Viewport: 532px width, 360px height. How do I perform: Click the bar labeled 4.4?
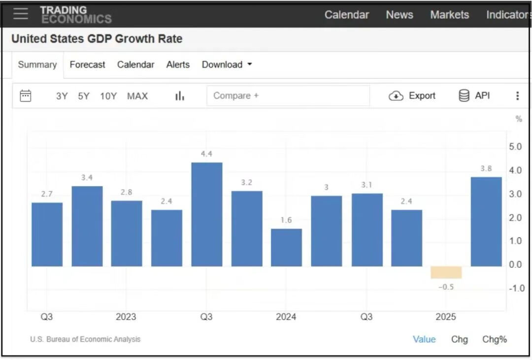[206, 214]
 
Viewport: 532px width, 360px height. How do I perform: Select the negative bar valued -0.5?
[446, 272]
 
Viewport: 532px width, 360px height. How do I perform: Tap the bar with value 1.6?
[286, 247]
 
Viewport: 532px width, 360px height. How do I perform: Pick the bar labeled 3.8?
[486, 222]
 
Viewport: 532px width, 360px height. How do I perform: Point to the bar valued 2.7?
[47, 234]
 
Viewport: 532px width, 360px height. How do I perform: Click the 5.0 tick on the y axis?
[515, 147]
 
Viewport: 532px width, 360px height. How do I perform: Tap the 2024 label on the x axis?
[286, 317]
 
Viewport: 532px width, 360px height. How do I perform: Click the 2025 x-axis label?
[446, 317]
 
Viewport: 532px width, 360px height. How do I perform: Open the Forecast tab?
[87, 65]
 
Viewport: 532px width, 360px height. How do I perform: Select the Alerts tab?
[178, 65]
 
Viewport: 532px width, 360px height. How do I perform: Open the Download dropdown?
[227, 65]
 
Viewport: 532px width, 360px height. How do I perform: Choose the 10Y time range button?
[108, 96]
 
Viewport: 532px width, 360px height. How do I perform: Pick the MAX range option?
[137, 96]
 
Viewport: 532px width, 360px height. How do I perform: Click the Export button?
[412, 96]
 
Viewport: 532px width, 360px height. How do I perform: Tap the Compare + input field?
[288, 96]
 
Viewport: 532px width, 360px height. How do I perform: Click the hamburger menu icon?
[21, 14]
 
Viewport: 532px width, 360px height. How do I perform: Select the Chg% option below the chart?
[494, 339]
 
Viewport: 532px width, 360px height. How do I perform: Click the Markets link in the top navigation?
[449, 15]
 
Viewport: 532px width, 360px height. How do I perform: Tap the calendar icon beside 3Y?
[25, 96]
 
